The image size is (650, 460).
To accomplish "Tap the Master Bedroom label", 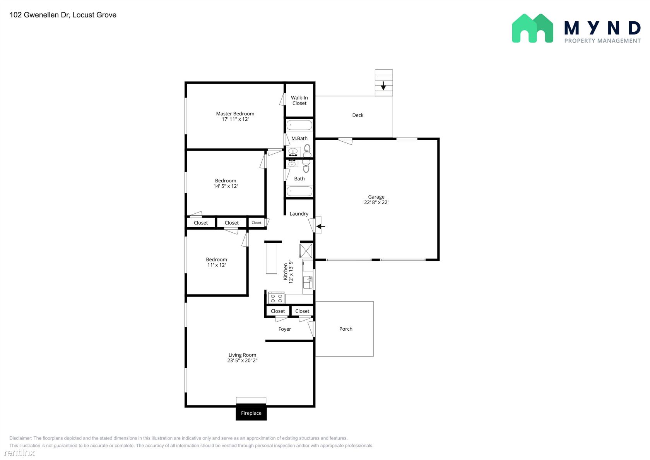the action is click(235, 113).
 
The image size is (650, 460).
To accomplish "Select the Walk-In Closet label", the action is click(299, 101).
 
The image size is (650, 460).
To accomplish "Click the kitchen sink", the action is click(308, 282).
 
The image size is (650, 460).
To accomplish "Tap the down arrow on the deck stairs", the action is click(383, 86).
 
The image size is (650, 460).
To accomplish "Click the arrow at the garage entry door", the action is click(320, 226).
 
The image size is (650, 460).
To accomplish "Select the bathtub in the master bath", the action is click(299, 125).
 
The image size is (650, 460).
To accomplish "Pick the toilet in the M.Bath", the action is click(307, 151).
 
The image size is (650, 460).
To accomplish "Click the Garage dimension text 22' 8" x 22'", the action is click(376, 202).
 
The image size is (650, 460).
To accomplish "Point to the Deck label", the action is click(357, 115).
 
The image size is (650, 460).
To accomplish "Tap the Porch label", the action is click(346, 329).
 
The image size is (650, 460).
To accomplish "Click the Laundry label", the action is click(299, 214).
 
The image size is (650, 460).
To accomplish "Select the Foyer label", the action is click(284, 329).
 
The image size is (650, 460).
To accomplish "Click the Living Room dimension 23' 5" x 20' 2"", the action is click(242, 360).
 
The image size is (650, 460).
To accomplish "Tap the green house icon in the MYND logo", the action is click(532, 29).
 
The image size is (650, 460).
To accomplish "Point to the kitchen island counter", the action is click(272, 258).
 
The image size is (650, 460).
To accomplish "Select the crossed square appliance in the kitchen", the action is click(306, 251).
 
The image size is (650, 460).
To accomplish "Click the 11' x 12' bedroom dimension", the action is click(217, 265).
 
